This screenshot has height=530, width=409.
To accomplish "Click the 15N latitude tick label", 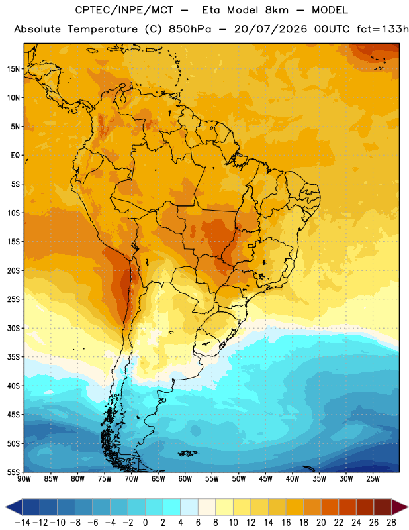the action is click(x=13, y=69).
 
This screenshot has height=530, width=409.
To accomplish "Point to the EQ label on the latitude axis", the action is click(x=15, y=156).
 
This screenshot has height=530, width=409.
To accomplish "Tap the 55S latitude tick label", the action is click(x=13, y=472).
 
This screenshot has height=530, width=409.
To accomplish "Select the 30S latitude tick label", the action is click(x=13, y=328).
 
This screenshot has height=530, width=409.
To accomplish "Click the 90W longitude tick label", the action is click(x=24, y=478).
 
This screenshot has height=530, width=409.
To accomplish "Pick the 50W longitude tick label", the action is click(x=239, y=478).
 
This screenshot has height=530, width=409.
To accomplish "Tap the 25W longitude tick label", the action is click(x=373, y=478).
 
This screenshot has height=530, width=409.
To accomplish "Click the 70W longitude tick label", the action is click(x=132, y=478).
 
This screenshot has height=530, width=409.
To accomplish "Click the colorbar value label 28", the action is click(x=391, y=523).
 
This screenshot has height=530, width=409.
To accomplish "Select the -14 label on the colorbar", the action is click(x=23, y=523).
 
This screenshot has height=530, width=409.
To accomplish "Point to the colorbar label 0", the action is click(x=145, y=523).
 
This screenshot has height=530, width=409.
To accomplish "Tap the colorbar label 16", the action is click(x=286, y=523).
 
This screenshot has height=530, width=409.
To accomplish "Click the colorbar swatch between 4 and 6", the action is click(x=189, y=507).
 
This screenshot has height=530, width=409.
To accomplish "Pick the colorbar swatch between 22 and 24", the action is click(x=347, y=507).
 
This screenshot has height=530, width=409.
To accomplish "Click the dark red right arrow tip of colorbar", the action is click(x=407, y=507).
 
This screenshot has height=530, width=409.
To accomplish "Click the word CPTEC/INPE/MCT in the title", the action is click(x=124, y=10).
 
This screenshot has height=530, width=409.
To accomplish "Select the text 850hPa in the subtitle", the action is click(x=190, y=29).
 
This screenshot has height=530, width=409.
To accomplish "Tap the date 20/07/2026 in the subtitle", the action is click(x=271, y=29).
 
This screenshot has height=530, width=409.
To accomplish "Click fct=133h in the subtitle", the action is click(x=383, y=29).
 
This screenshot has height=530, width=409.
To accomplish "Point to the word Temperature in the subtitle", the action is click(x=103, y=29).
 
